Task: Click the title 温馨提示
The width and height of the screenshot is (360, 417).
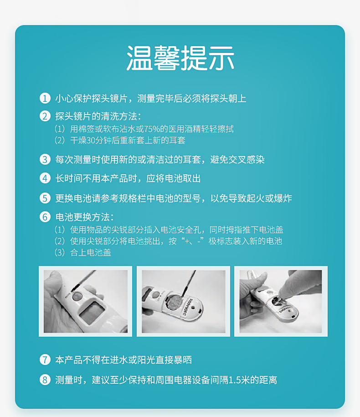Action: tap(180, 58)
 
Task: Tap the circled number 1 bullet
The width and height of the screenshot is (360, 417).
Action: tap(45, 98)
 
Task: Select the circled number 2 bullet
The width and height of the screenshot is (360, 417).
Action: tap(45, 116)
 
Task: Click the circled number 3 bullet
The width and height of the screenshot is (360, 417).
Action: tap(45, 159)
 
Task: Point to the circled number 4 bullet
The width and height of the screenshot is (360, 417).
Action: tap(45, 178)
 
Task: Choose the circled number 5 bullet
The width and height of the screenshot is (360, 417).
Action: tap(45, 198)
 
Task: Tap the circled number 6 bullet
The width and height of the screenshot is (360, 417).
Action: tap(45, 217)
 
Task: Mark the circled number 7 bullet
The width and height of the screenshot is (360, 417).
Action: tap(45, 360)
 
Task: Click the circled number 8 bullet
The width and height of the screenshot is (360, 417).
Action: tap(45, 380)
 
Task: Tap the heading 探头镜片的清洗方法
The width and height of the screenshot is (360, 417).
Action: tap(98, 116)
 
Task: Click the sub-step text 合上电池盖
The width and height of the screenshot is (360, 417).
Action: tap(91, 252)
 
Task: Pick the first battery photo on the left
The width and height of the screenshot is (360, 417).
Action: tap(85, 301)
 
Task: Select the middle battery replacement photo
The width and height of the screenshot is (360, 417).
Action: tap(183, 301)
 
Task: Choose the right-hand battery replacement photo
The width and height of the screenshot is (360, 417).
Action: tap(281, 301)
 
